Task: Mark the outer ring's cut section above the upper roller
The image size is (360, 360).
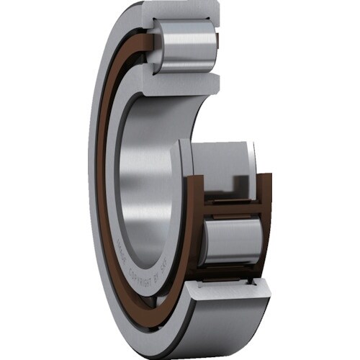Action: [180, 12]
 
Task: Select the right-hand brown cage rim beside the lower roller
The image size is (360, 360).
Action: [265, 230]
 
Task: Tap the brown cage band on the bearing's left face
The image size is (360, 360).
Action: [107, 180]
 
